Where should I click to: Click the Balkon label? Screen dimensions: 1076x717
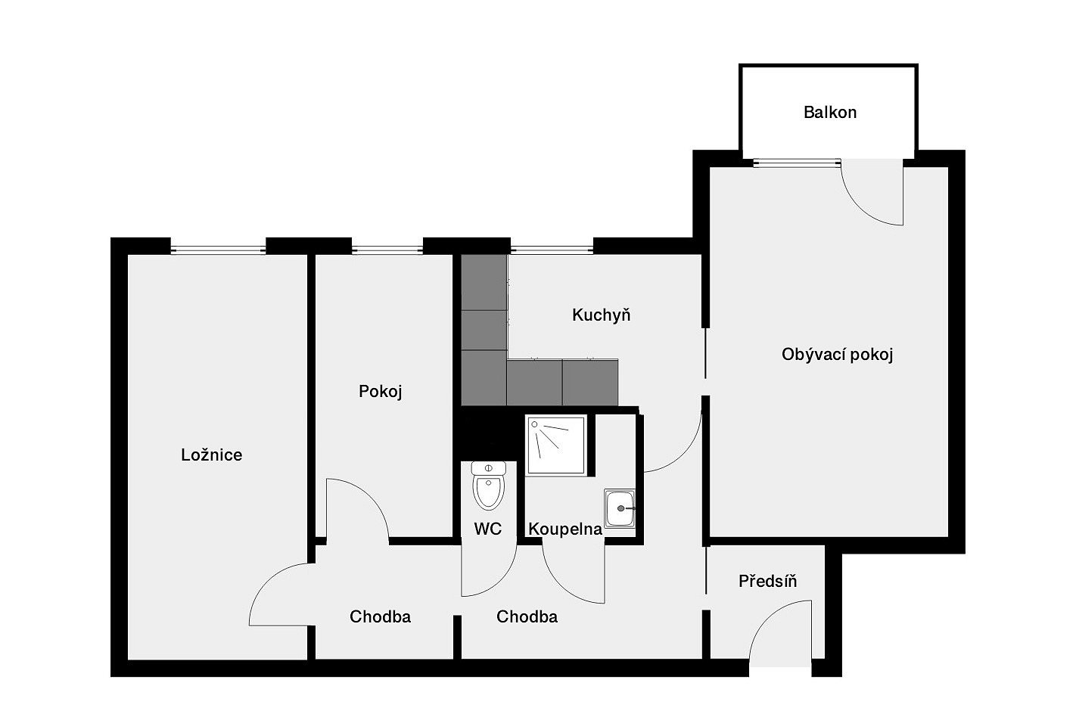coord(829,113)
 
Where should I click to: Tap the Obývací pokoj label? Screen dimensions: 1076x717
coord(837,355)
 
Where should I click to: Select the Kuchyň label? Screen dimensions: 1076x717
coord(601,315)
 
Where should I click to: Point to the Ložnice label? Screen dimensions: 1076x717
coord(211,455)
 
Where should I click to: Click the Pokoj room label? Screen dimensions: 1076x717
coord(380,391)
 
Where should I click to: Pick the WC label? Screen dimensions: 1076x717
coord(487,529)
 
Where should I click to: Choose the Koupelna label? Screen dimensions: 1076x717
coord(565,529)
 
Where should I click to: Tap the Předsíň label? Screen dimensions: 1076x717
coord(767,581)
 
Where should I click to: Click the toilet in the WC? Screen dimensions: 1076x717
coord(489,485)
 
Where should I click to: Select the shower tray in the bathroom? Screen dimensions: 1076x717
coord(555,445)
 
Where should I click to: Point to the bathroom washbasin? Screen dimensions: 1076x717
coord(619,508)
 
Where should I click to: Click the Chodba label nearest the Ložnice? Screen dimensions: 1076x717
coord(380,616)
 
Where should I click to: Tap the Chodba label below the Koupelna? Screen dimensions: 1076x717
coord(527,616)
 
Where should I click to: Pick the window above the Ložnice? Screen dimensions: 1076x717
coord(218,250)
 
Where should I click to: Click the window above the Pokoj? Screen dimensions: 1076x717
coord(387,250)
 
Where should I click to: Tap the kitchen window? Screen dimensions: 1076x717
coord(552,250)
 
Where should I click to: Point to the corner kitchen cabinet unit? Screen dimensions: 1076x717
coord(484,378)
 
